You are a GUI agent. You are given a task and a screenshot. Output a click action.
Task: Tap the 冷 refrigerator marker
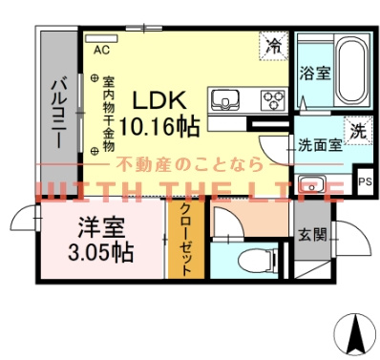(x=274, y=45)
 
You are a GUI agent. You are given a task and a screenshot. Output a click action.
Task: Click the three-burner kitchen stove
(x=272, y=99)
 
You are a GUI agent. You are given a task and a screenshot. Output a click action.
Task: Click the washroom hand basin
(x=313, y=184)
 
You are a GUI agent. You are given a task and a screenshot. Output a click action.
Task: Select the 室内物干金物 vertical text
(x=109, y=115)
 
